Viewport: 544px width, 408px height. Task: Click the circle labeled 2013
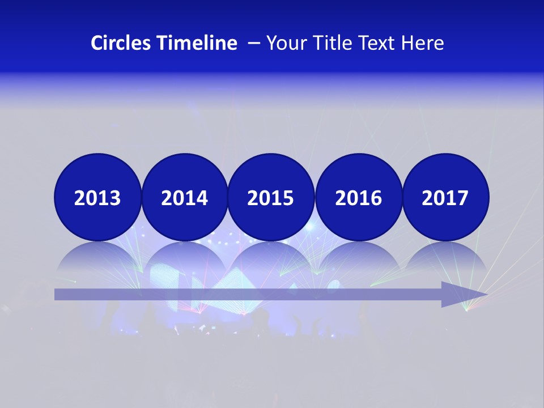pyautogui.click(x=97, y=197)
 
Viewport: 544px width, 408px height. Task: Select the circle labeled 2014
pyautogui.click(x=185, y=197)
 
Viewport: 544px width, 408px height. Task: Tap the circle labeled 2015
pyautogui.click(x=271, y=197)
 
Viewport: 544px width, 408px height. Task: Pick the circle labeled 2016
pyautogui.click(x=358, y=197)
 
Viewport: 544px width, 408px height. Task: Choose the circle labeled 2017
pyautogui.click(x=445, y=197)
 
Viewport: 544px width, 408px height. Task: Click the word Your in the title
pyautogui.click(x=284, y=43)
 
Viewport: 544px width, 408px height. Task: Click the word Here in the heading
pyautogui.click(x=423, y=43)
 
